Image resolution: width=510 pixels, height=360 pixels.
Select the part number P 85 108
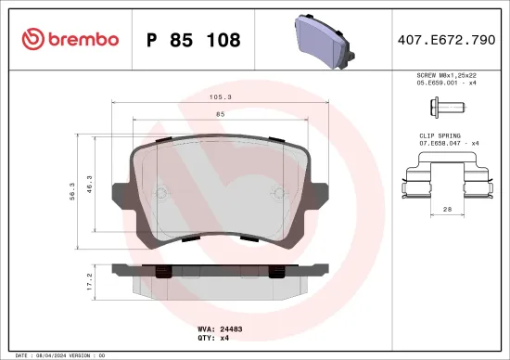(194, 40)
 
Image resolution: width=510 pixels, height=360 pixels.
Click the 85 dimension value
(220, 113)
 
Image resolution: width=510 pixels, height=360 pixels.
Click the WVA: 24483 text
(220, 328)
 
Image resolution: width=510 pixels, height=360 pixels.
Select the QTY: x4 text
(212, 338)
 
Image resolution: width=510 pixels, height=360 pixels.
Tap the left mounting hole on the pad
(159, 193)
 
